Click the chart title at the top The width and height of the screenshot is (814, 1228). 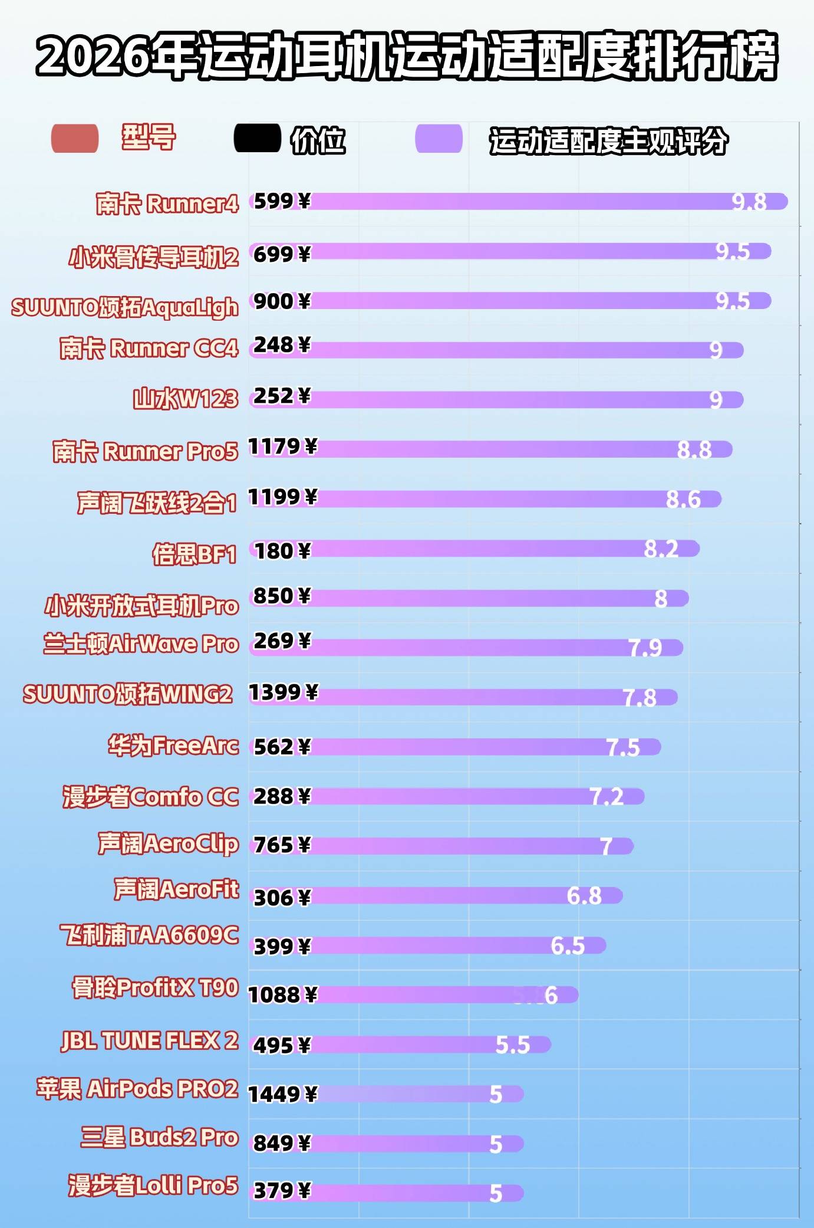click(407, 56)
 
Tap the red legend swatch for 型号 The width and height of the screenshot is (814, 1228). click(75, 139)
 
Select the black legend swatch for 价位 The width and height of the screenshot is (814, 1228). click(257, 139)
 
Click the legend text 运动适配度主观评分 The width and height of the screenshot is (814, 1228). click(608, 141)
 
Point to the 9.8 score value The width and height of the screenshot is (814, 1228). click(749, 202)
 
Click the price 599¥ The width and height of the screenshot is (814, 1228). click(282, 201)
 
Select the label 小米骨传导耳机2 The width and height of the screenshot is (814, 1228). click(154, 257)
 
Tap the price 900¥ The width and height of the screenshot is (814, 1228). click(282, 301)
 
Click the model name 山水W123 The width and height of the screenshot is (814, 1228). click(186, 399)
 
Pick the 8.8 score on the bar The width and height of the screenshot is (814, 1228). click(694, 450)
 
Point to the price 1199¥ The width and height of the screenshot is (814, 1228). click(282, 497)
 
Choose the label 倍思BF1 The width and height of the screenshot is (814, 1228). click(194, 554)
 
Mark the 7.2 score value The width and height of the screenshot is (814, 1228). click(607, 797)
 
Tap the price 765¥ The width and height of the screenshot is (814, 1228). click(282, 845)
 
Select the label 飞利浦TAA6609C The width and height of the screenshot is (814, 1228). click(150, 935)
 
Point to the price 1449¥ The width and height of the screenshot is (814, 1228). click(282, 1095)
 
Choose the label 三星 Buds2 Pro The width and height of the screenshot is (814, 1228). click(159, 1137)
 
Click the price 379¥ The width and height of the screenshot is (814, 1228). click(282, 1191)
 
